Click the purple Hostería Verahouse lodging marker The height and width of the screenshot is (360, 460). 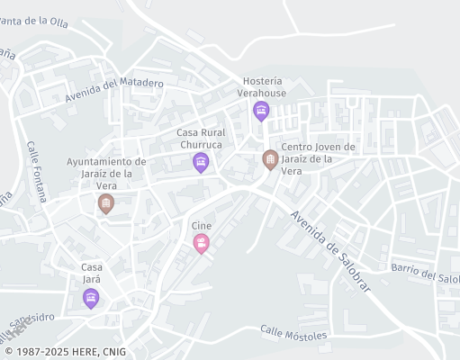click(261, 112)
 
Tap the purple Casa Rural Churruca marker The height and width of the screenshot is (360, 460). click(201, 162)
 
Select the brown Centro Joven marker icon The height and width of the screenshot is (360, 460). click(270, 159)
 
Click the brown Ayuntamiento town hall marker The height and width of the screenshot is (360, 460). click(106, 204)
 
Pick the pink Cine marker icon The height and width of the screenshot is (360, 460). click(201, 242)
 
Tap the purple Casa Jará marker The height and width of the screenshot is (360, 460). click(91, 298)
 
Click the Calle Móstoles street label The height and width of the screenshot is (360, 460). click(293, 334)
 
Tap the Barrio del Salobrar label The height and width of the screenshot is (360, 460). click(425, 273)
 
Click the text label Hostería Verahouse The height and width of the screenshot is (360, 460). click(261, 86)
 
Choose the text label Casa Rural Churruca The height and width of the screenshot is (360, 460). click(201, 139)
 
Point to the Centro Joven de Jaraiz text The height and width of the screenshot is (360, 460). click(318, 158)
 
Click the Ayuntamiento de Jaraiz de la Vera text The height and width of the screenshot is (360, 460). click(106, 173)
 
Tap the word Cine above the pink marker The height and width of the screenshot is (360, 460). click(201, 225)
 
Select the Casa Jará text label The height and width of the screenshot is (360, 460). click(92, 273)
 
